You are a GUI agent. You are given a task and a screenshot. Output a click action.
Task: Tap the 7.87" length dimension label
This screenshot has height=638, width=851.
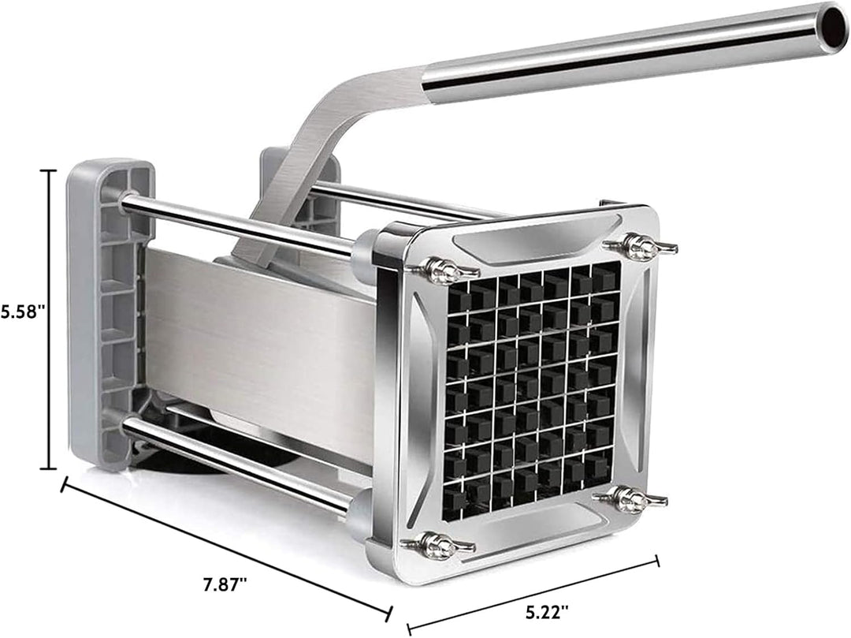pos(225,586)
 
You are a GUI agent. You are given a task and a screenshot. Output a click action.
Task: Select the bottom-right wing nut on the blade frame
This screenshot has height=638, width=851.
pos(631,498)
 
